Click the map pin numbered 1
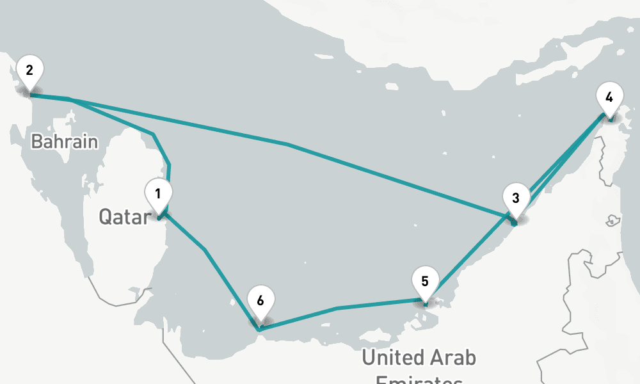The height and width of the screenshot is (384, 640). [x=158, y=193]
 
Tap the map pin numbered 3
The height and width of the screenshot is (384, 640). [x=515, y=198]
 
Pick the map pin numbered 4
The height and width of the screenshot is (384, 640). [x=609, y=98]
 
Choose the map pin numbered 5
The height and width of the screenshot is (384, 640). [x=425, y=281]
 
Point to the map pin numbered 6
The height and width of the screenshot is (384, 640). [x=260, y=301]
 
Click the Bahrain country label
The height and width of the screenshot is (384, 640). [x=65, y=141]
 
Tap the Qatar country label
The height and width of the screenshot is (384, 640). [x=123, y=217]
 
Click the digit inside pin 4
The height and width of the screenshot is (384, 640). [x=609, y=97]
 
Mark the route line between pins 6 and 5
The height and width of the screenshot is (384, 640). [x=337, y=308]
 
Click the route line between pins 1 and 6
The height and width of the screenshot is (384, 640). [x=205, y=250]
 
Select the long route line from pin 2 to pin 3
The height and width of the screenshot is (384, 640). [x=288, y=145]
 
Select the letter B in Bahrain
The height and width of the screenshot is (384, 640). [x=37, y=141]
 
